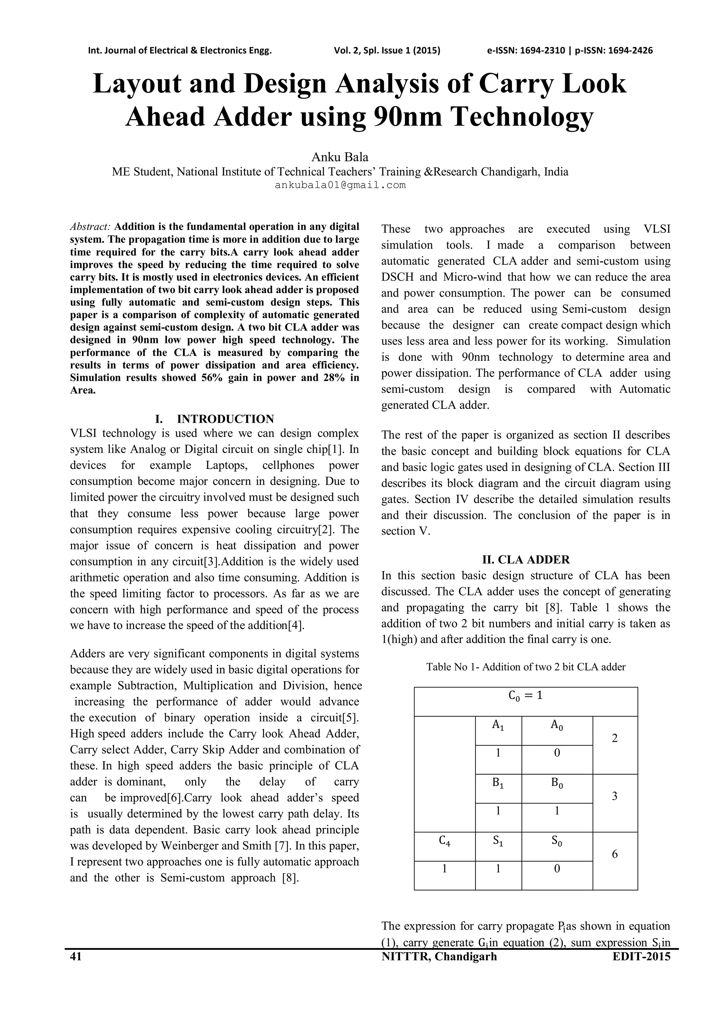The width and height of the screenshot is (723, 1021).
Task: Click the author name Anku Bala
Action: pyautogui.click(x=340, y=157)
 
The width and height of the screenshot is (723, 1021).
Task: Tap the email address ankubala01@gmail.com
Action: pyautogui.click(x=340, y=185)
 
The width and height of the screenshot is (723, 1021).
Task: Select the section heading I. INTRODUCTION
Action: pyautogui.click(x=215, y=419)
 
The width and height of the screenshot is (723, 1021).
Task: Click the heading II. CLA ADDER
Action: pyautogui.click(x=526, y=560)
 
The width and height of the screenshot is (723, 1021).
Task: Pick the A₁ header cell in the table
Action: pyautogui.click(x=498, y=725)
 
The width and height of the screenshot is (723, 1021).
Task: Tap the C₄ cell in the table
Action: pyautogui.click(x=444, y=841)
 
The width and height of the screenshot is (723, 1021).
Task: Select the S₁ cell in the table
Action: pyautogui.click(x=498, y=841)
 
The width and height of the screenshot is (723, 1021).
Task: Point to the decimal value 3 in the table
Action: pyautogui.click(x=615, y=796)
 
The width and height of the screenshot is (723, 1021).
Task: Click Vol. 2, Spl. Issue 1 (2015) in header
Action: pyautogui.click(x=387, y=50)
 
